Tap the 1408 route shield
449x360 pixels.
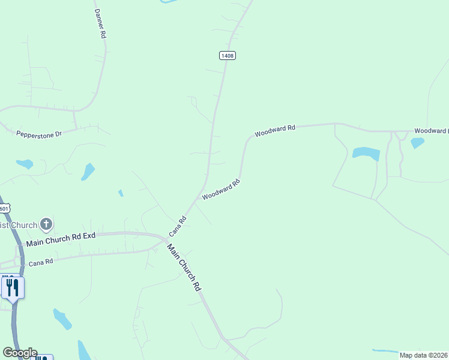pyautogui.click(x=227, y=55)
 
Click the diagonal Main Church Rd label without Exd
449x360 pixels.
pyautogui.click(x=184, y=268)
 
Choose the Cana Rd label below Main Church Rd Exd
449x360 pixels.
pyautogui.click(x=41, y=262)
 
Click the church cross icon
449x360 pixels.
pyautogui.click(x=46, y=225)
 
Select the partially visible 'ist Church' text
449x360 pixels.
pyautogui.click(x=18, y=225)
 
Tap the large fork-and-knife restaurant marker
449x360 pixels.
pyautogui.click(x=13, y=287)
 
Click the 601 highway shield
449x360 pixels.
pyautogui.click(x=4, y=208)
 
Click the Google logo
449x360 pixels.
pyautogui.click(x=20, y=353)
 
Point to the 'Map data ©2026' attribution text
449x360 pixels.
pyautogui.click(x=423, y=355)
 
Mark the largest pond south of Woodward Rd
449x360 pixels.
pyautogui.click(x=366, y=153)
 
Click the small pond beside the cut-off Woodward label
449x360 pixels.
pyautogui.click(x=417, y=143)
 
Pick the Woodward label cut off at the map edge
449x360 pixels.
pyautogui.click(x=431, y=131)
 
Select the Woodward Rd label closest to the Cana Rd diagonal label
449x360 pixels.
pyautogui.click(x=221, y=190)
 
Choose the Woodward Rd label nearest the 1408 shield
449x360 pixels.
pyautogui.click(x=274, y=131)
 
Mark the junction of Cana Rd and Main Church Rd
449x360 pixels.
pyautogui.click(x=167, y=239)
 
